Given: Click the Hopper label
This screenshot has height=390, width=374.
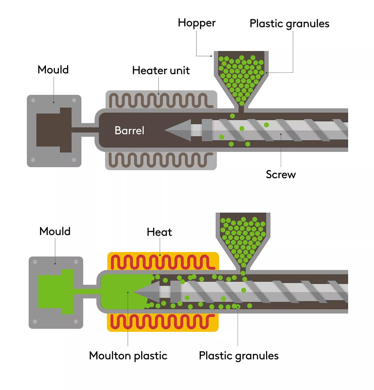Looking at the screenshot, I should pos(197,23).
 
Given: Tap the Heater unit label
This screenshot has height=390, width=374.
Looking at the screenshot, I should pos(161,70).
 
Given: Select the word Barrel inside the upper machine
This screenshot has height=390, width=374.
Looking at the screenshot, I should pos(129,130).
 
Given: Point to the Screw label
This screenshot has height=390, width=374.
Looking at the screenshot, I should pos(281,175).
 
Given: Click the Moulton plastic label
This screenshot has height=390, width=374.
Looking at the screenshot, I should pos(128,356).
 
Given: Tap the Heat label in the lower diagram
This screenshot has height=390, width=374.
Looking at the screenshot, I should pos(159,232).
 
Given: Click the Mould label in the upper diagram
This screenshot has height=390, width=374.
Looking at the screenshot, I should pos(53,70).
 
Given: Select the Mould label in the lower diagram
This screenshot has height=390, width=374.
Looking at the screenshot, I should pos(55,231).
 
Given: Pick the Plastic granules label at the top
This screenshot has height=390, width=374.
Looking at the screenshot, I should pos(289,24).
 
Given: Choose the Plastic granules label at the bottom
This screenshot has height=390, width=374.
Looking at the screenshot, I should pos(239,356).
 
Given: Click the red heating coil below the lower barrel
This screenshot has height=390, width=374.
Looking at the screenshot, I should pos(161,322).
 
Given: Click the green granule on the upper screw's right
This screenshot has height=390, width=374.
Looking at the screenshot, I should pos(266,125).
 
